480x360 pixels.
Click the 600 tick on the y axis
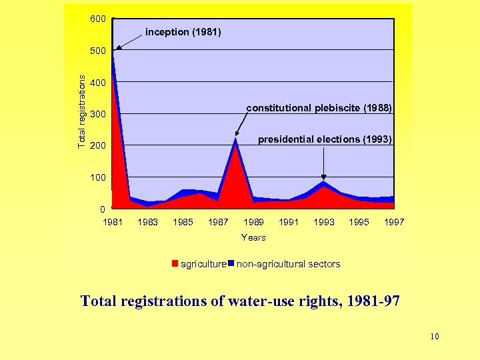97,19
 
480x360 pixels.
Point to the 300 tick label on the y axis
97,115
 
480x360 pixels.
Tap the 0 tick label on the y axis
102,210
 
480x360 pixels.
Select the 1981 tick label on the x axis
113,222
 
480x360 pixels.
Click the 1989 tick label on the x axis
253,222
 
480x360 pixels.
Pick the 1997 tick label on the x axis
394,222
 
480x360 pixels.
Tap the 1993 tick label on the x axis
324,222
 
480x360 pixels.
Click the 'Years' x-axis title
253,237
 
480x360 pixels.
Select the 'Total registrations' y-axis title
81,111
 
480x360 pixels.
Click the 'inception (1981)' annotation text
183,32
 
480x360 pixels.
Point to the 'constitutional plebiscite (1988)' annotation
319,108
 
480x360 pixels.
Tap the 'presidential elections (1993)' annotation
325,139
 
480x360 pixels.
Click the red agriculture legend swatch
175,263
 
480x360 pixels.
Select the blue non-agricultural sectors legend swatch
231,263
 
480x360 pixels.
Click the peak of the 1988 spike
235,139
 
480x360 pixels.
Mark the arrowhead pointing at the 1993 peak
324,177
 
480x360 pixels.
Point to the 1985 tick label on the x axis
183,222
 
